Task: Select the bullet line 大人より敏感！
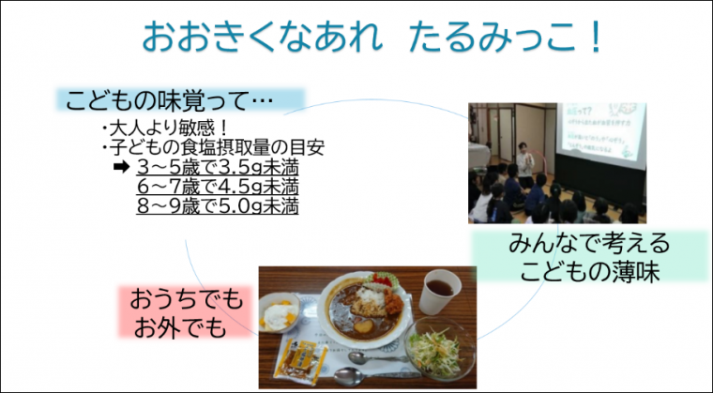(x=165, y=129)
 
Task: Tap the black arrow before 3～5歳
(x=119, y=168)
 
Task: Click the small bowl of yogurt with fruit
(x=280, y=315)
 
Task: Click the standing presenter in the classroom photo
(x=523, y=162)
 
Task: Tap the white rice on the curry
(x=370, y=297)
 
